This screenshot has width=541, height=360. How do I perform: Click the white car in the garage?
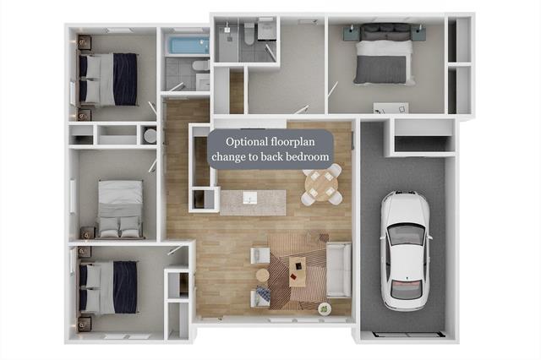pos(406,251)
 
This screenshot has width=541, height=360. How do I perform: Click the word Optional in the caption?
pos(246,142)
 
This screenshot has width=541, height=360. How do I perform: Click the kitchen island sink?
pos(250,198)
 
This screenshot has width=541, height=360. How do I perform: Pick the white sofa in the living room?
pos(338,270)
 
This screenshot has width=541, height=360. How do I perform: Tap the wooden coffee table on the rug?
pos(298,271)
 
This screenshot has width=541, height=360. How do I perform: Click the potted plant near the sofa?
pos(325,309)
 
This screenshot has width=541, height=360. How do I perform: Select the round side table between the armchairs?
pos(263,275)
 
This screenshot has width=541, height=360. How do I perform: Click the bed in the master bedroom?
pos(384,54)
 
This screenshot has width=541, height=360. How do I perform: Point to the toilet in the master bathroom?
pos(249,33)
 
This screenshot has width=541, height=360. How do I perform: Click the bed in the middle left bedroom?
pos(120,209)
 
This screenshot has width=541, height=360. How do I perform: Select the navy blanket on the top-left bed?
pos(125,79)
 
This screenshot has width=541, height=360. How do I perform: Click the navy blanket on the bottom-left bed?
pos(125,286)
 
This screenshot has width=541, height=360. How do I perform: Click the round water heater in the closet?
pos(150,135)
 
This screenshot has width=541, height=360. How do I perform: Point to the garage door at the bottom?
pos(407,334)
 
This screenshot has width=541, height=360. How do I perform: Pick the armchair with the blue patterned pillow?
pos(261,297)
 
